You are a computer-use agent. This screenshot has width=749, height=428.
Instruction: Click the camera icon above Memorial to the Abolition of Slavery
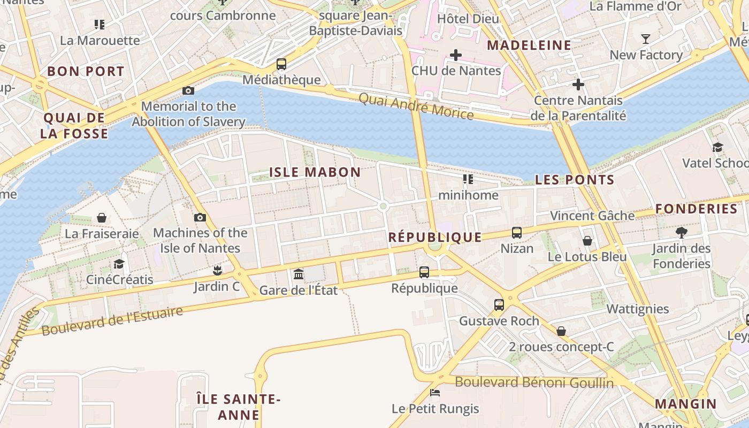188,90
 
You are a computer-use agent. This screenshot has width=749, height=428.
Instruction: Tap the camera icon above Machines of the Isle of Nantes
200,217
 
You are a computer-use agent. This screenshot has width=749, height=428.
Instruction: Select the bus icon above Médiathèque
281,64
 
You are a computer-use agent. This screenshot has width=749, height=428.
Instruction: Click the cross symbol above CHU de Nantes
456,55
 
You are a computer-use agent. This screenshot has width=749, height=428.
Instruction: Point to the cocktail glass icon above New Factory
646,39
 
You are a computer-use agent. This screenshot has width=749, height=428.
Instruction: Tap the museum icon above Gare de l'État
299,274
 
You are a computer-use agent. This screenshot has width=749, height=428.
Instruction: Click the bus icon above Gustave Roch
499,305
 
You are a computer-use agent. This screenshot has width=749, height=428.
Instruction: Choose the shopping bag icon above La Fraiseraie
102,218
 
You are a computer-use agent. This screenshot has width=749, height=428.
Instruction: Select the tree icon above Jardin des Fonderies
681,232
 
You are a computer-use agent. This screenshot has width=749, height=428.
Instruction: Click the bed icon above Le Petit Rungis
435,393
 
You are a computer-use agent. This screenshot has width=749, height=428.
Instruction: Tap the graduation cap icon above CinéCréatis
119,264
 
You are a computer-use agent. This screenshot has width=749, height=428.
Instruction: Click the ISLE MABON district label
315,172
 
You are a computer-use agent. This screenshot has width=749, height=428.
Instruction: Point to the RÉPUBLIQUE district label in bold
434,237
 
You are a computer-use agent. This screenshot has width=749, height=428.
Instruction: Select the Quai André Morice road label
416,106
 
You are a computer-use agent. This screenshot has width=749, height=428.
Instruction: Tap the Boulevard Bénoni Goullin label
534,382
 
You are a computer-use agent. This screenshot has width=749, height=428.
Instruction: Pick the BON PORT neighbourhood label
86,71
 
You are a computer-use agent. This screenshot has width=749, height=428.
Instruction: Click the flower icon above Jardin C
217,270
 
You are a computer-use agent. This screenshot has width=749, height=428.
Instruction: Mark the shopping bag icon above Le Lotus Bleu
587,241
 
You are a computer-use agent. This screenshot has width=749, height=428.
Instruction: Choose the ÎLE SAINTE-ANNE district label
239,407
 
